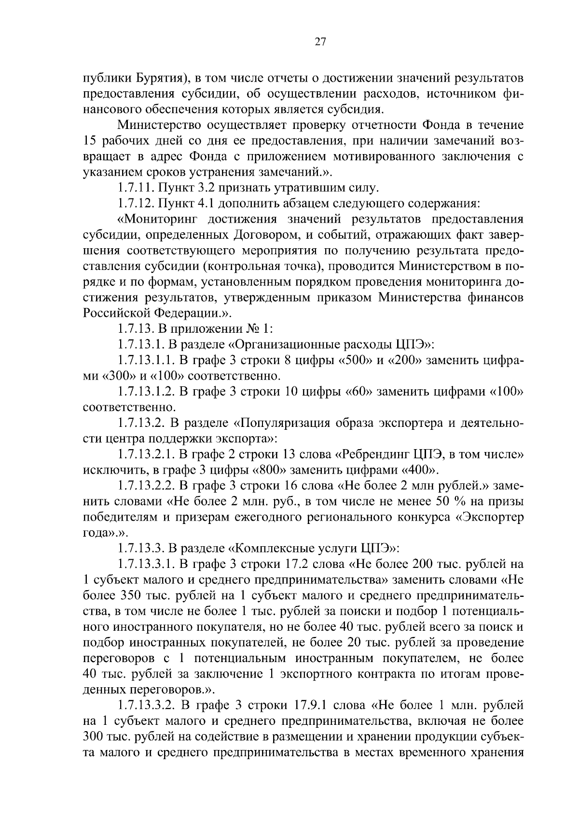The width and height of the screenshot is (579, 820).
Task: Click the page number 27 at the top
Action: pyautogui.click(x=320, y=42)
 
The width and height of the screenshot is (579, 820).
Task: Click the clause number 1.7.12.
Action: pyautogui.click(x=136, y=203)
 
